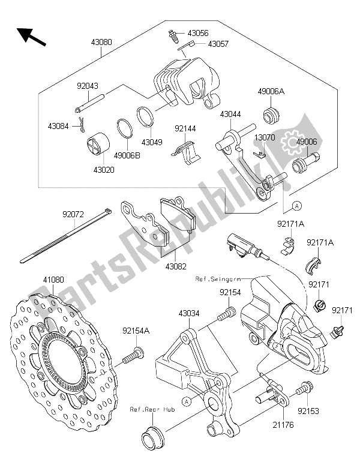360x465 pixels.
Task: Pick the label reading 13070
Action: [265, 137]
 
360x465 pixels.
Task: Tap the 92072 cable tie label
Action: [74, 212]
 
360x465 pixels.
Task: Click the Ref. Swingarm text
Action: [217, 278]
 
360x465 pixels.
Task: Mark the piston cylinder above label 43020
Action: [98, 147]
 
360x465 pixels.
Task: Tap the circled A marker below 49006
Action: [296, 205]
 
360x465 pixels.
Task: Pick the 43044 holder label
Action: [232, 113]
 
